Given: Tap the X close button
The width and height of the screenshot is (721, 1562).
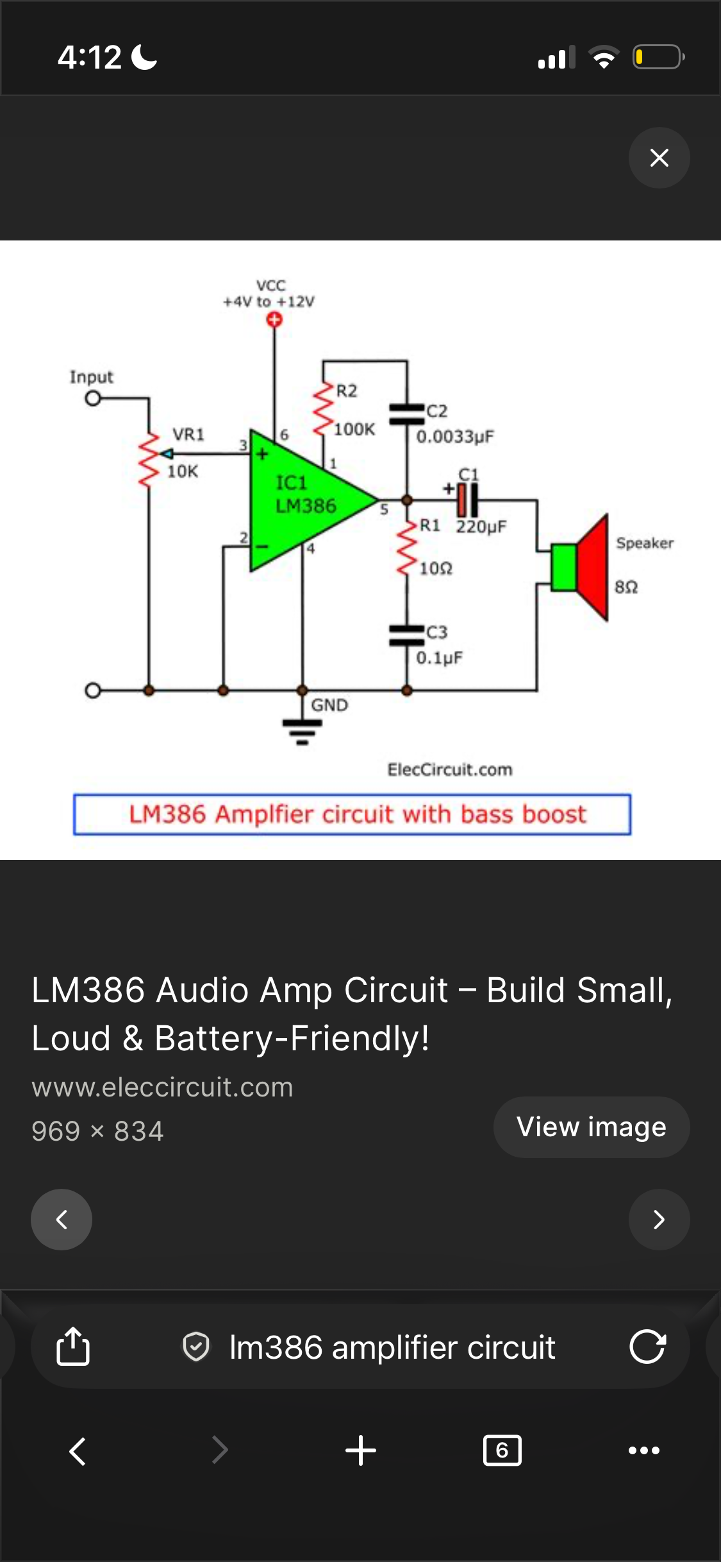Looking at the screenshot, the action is (x=659, y=158).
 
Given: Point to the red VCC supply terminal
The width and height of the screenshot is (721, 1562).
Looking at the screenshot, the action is (x=274, y=319).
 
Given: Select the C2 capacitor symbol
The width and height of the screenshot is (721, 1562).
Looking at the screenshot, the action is (x=406, y=414).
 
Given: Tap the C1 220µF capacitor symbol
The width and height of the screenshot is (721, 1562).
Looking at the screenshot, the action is (x=467, y=500).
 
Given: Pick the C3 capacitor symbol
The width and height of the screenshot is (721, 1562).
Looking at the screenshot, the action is (x=406, y=635).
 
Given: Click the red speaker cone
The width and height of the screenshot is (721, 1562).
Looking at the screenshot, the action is (x=592, y=567).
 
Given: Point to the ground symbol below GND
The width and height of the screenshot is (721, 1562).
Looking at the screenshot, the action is (x=302, y=732).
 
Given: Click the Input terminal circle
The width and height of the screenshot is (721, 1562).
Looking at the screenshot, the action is (x=93, y=398).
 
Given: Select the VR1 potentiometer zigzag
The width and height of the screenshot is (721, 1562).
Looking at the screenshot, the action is (x=149, y=459).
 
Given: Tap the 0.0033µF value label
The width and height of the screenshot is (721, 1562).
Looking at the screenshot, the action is (x=455, y=437).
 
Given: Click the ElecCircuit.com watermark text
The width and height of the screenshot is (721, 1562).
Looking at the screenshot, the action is (x=450, y=769).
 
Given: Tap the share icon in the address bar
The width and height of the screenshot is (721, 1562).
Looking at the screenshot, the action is (x=73, y=1346).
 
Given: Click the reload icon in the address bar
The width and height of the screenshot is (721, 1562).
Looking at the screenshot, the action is (x=647, y=1346).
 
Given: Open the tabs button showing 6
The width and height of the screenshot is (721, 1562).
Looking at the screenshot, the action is (x=502, y=1450).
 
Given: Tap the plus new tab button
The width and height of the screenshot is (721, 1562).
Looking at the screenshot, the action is (x=361, y=1450).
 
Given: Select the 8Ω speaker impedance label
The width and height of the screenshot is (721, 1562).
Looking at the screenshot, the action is (x=626, y=587).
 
